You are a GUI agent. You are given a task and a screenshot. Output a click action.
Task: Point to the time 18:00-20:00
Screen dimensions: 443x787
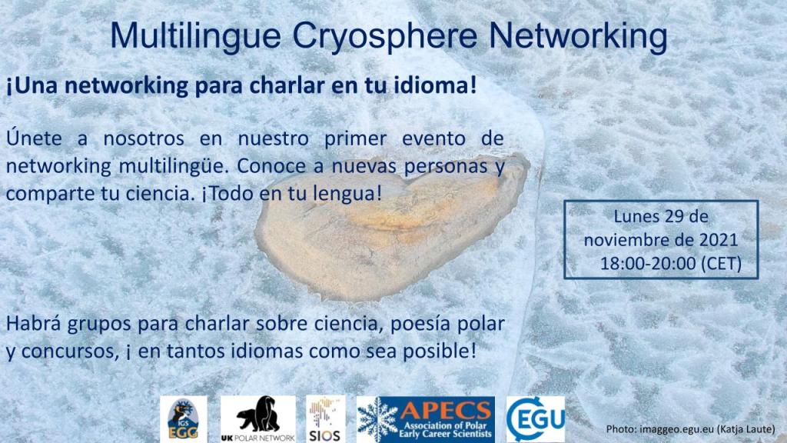(x=648, y=263)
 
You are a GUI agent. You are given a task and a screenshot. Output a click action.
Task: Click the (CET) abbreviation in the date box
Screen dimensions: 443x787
(x=721, y=263)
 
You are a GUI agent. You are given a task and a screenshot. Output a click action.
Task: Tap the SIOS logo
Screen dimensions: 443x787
(x=325, y=419)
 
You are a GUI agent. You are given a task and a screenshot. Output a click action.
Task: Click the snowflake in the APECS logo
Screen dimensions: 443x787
(x=377, y=420)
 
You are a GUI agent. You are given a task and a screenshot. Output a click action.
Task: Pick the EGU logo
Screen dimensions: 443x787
(x=535, y=419)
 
